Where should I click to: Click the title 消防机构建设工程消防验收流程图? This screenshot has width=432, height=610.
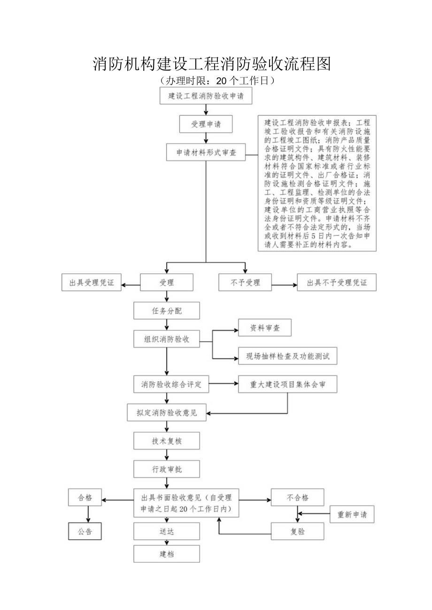[212, 64]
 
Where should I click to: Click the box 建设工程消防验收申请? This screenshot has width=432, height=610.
[206, 97]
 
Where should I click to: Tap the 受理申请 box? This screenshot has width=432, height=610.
[206, 124]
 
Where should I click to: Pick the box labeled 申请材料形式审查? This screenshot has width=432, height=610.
[206, 152]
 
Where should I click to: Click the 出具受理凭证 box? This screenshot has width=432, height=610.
[92, 283]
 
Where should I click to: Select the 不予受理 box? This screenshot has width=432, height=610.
[245, 283]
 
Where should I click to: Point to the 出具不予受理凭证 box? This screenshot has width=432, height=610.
[336, 283]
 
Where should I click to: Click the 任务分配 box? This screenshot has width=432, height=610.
[166, 311]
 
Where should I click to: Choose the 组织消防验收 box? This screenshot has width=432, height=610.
[166, 339]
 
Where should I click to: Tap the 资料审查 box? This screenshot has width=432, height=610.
[265, 328]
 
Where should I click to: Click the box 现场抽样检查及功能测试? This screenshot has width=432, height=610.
[288, 356]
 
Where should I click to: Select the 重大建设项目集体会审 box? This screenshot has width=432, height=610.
[288, 384]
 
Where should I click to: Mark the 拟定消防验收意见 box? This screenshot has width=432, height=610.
[166, 413]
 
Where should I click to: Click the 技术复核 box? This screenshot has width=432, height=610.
[166, 441]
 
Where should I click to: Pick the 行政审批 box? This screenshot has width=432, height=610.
[166, 469]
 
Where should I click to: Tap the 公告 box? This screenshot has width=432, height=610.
[85, 531]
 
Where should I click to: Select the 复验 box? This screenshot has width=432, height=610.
[297, 531]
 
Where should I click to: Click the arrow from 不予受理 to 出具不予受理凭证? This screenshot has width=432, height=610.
[284, 284]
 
